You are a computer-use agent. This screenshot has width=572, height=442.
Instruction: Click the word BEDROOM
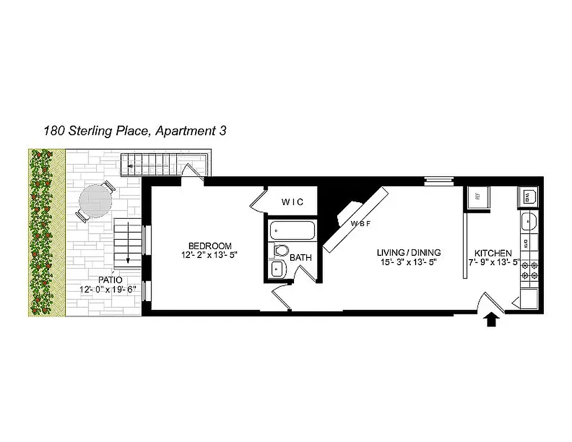209,246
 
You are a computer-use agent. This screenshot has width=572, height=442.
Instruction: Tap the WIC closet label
292,202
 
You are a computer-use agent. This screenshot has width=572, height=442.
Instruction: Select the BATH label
301,257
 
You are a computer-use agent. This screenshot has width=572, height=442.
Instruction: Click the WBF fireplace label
360,224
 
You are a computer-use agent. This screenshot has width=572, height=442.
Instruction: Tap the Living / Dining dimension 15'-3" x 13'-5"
409,262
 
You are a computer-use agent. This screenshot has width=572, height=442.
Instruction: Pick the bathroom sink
277,269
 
